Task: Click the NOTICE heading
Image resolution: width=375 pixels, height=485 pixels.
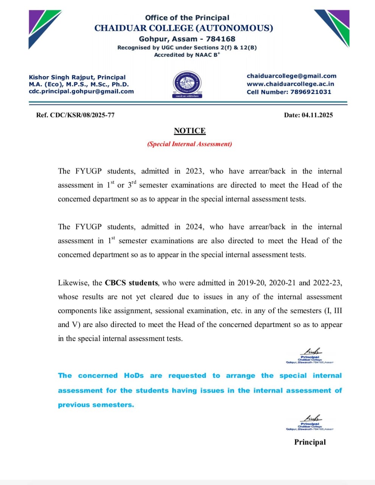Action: (190, 131)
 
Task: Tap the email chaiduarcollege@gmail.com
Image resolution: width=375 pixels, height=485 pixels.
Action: (291, 76)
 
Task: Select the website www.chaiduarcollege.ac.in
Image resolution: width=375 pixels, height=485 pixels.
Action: (290, 84)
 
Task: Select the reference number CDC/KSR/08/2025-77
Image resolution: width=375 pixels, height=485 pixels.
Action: (82, 115)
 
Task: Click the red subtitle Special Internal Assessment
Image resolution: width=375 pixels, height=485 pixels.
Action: (190, 144)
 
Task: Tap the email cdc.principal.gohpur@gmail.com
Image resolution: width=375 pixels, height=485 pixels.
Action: (81, 91)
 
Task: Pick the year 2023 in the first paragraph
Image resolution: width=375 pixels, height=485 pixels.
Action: (194, 171)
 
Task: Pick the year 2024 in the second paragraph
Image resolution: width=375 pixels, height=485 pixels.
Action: (194, 227)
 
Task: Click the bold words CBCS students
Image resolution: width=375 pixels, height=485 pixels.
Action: (131, 283)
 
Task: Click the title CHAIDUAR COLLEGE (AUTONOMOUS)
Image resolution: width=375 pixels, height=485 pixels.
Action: (184, 28)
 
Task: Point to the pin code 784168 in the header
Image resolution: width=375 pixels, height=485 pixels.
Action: (221, 39)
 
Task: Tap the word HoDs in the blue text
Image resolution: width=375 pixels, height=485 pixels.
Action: (134, 376)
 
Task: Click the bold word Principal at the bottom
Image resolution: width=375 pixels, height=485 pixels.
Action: (310, 442)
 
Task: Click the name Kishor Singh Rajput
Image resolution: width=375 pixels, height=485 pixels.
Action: (61, 77)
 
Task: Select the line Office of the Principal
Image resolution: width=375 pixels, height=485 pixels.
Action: (187, 18)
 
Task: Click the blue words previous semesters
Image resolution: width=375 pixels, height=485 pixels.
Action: (96, 405)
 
